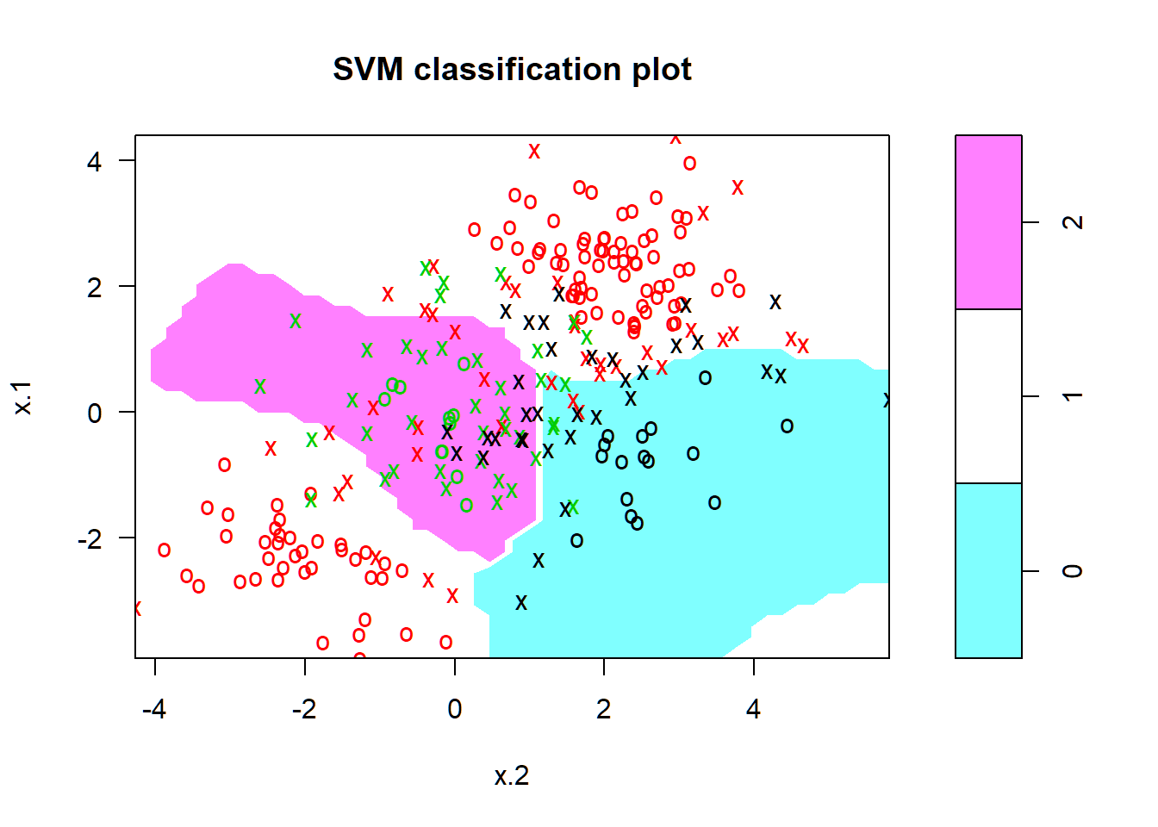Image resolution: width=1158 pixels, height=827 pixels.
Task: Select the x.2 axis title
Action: pyautogui.click(x=512, y=776)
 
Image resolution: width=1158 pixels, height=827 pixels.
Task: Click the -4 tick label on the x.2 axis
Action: pyautogui.click(x=154, y=709)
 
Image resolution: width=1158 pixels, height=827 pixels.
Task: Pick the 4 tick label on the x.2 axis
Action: pyautogui.click(x=754, y=709)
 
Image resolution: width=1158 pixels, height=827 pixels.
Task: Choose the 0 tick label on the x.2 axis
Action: pyautogui.click(x=455, y=709)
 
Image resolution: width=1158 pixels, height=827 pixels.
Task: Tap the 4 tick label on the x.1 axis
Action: pyautogui.click(x=94, y=161)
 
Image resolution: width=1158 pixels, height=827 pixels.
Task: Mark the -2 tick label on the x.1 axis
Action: pyautogui.click(x=90, y=538)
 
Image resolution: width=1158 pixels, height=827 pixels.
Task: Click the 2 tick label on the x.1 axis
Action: pyautogui.click(x=94, y=287)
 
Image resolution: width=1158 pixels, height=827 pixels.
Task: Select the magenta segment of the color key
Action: pyautogui.click(x=988, y=221)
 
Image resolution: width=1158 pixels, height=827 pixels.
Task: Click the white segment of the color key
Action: pyautogui.click(x=988, y=395)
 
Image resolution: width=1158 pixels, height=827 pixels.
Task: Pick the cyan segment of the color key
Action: pyautogui.click(x=988, y=570)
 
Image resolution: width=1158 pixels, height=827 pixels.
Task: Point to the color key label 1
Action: pyautogui.click(x=1072, y=396)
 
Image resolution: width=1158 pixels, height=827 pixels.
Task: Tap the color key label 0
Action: pyautogui.click(x=1072, y=571)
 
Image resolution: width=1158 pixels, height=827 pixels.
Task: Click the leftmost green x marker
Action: pyautogui.click(x=260, y=387)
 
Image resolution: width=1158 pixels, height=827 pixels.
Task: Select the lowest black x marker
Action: pyautogui.click(x=521, y=603)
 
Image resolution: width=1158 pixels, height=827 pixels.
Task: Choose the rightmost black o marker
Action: pyautogui.click(x=787, y=426)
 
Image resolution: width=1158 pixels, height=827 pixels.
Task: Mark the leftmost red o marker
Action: pyautogui.click(x=164, y=550)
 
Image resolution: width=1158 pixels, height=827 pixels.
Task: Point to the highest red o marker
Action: pyautogui.click(x=689, y=163)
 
